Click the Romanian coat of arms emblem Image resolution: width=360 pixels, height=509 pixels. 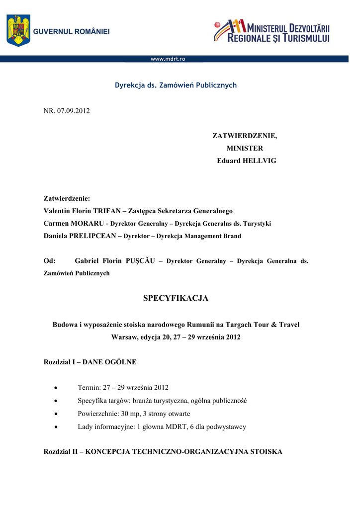click(18, 30)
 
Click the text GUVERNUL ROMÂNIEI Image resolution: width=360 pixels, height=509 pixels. click(72, 31)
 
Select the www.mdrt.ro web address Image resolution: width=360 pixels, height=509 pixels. click(168, 59)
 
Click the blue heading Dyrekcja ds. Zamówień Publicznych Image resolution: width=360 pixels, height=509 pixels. click(176, 85)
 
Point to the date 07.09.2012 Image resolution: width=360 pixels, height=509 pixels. click(74, 110)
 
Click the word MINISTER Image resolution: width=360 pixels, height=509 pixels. click(245, 148)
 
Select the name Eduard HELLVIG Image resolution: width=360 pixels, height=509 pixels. click(247, 161)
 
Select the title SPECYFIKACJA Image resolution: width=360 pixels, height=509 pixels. click(176, 298)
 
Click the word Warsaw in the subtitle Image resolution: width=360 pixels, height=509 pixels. click(123, 337)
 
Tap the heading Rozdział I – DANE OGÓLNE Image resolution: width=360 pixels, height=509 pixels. click(90, 362)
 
